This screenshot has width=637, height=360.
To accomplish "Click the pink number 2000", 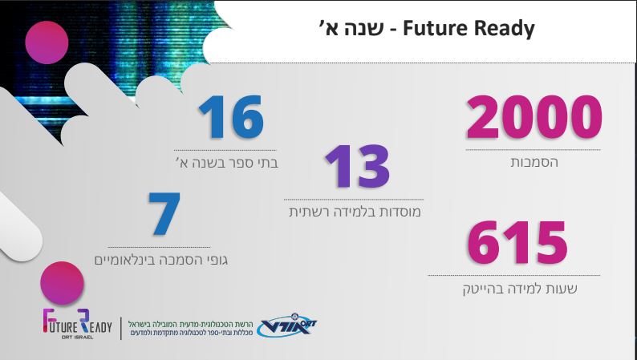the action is pos(534,117).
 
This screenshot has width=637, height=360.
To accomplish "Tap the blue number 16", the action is pos(231,117).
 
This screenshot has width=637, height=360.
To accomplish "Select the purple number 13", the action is pos(358,167).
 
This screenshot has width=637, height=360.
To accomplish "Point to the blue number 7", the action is pos(164,214).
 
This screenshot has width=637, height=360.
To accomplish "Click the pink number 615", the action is pos(517,242).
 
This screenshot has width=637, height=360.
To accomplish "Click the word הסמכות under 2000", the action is pos(534,162).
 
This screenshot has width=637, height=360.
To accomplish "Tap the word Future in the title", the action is pos(435,29).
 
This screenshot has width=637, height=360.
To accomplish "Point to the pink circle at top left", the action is pos(47,42).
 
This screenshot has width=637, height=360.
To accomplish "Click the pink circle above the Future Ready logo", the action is pos(62,283).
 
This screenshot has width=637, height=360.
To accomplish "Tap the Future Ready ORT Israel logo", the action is pos(77,324).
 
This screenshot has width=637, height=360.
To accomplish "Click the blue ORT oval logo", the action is pos(287,325).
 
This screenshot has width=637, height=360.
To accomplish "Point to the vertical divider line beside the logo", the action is pos(121,329).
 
